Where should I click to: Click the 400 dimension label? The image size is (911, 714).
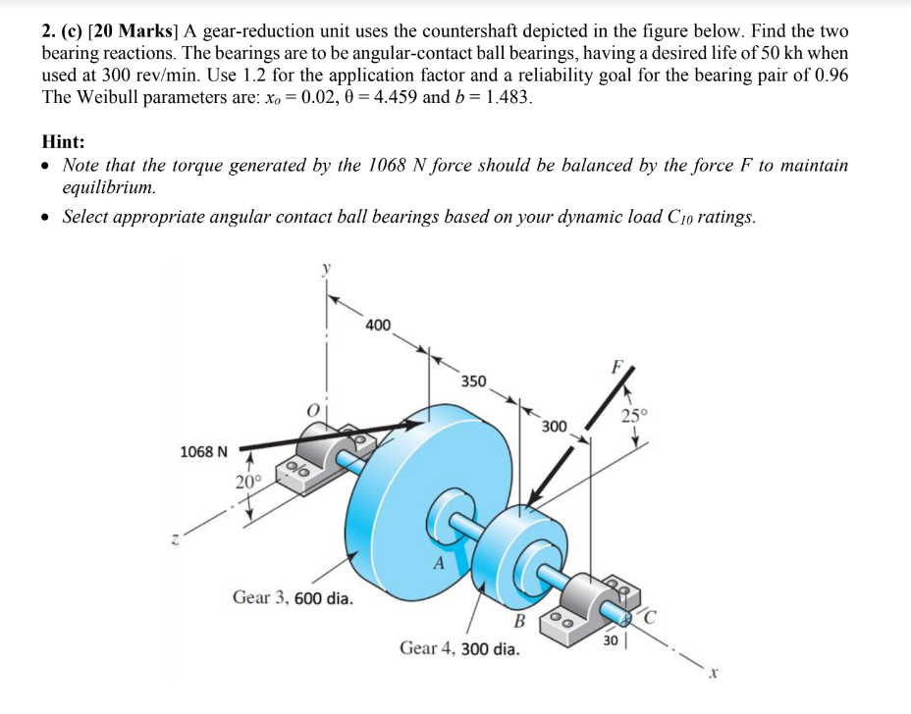378,325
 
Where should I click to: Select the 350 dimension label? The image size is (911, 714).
473,381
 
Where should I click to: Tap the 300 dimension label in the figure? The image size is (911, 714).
554,426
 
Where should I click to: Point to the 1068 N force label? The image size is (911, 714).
203,452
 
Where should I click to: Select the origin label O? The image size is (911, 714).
313,409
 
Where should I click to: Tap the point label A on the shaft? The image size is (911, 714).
438,564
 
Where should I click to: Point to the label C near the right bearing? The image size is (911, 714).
652,617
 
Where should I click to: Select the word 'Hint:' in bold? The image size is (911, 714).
64,141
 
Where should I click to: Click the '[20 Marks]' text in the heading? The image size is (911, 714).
134,31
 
